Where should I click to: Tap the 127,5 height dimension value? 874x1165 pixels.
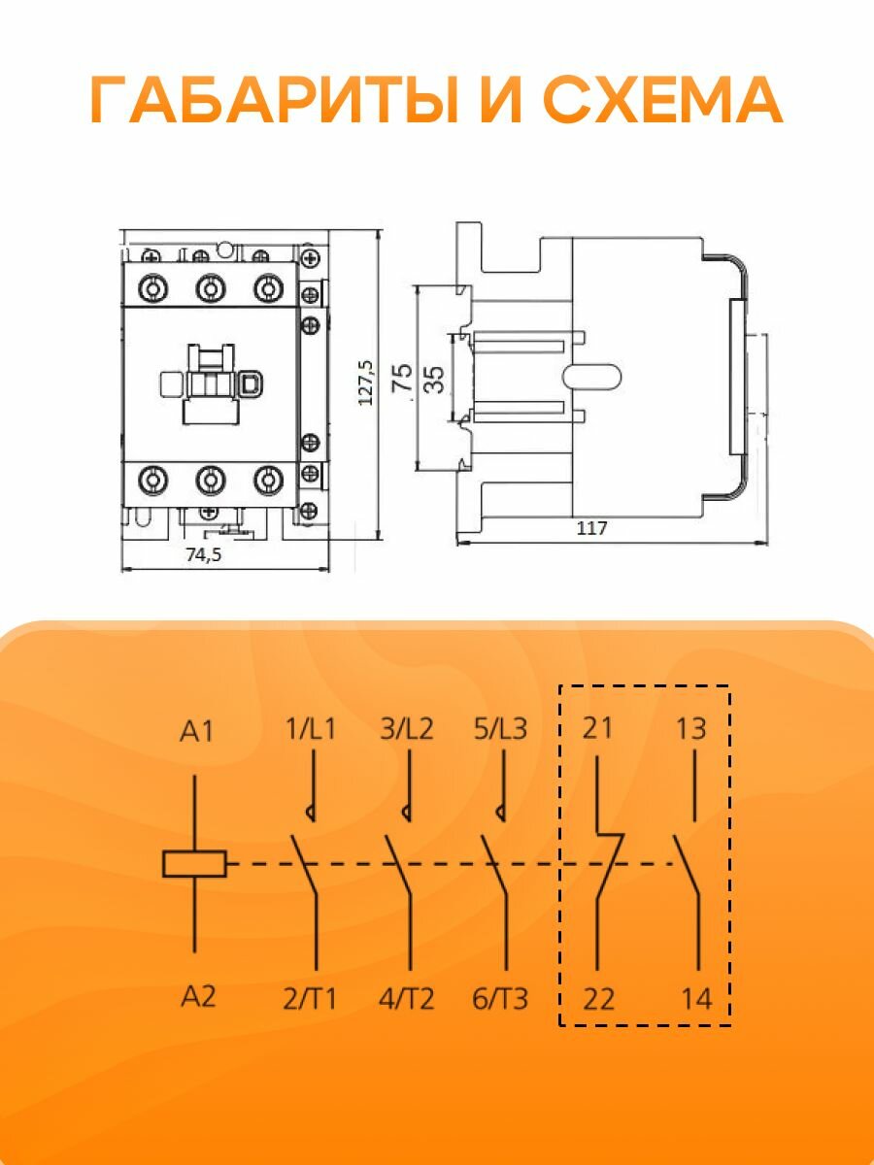click(366, 383)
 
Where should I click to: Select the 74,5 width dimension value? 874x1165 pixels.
click(203, 555)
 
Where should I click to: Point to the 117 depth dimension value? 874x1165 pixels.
click(591, 528)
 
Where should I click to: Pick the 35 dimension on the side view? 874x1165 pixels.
click(435, 379)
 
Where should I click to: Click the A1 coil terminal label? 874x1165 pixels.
click(196, 732)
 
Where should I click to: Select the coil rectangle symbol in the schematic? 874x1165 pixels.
click(194, 863)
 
